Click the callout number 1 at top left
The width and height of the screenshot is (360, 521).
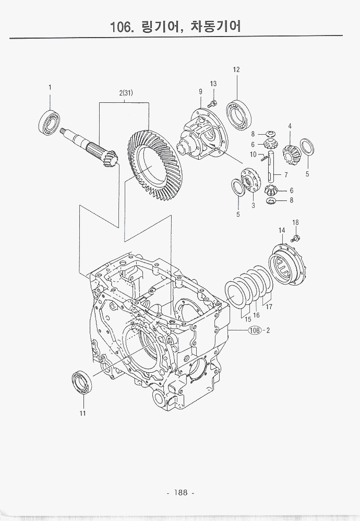coord(50,87)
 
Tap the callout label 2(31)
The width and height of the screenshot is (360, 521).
coord(125,93)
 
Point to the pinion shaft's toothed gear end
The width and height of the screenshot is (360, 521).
coord(109,158)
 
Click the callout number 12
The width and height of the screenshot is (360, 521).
coord(236,70)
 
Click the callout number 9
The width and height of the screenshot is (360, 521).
coord(200,92)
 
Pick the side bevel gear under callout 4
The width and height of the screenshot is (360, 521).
coord(290,151)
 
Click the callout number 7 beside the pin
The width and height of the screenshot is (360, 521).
coord(286,175)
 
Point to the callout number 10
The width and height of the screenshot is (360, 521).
coord(253,155)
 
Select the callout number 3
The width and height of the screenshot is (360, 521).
coord(253,206)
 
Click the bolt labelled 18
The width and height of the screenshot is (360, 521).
coord(295,238)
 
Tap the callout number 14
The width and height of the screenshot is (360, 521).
coord(281,231)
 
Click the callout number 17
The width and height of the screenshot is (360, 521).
coord(269,307)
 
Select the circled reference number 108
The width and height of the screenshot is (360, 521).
coord(255,330)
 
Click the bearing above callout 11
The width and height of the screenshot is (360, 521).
coord(82,382)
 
